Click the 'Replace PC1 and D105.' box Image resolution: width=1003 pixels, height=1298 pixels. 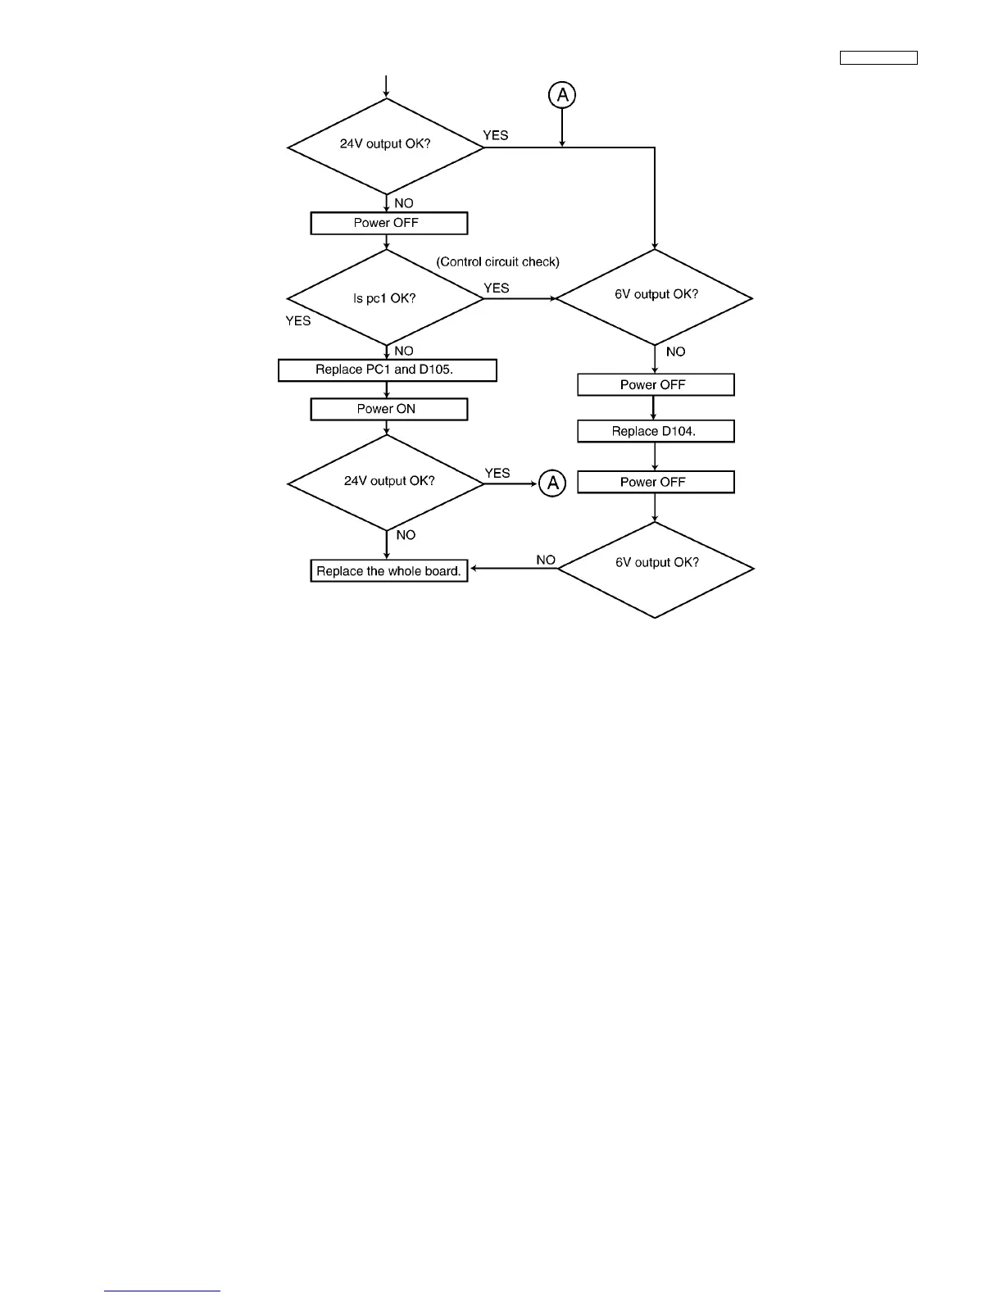pyautogui.click(x=387, y=370)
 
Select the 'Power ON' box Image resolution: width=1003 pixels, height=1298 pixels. pyautogui.click(x=388, y=409)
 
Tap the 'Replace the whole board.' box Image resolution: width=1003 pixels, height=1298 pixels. pyautogui.click(x=388, y=571)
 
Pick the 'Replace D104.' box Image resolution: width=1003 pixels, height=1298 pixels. pyautogui.click(x=655, y=431)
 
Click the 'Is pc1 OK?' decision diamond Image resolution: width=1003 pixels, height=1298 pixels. pyautogui.click(x=386, y=298)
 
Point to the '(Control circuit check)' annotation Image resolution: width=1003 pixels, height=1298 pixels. pyautogui.click(x=497, y=262)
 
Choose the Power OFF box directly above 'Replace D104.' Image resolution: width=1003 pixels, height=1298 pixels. pyautogui.click(x=655, y=385)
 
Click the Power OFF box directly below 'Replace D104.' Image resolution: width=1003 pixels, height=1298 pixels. pyautogui.click(x=655, y=482)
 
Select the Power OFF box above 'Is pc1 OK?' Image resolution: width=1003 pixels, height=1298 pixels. pyautogui.click(x=388, y=223)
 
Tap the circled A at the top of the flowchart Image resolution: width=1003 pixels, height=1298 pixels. pyautogui.click(x=562, y=95)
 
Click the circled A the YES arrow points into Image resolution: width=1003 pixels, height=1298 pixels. pyautogui.click(x=552, y=483)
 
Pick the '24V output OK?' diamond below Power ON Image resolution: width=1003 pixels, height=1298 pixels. pyautogui.click(x=386, y=483)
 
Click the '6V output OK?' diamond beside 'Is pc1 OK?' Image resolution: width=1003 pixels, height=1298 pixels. pyautogui.click(x=655, y=297)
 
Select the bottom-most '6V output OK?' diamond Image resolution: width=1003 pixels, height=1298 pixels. pyautogui.click(x=656, y=569)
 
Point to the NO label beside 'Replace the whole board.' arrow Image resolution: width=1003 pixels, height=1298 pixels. pyautogui.click(x=546, y=560)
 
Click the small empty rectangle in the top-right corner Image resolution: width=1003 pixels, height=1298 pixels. pyautogui.click(x=878, y=57)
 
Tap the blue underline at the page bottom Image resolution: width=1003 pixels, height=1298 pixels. pyautogui.click(x=162, y=1291)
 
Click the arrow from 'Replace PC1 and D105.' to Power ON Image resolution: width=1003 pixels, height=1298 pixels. pyautogui.click(x=387, y=390)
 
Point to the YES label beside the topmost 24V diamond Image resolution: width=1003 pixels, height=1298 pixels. pyautogui.click(x=496, y=135)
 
